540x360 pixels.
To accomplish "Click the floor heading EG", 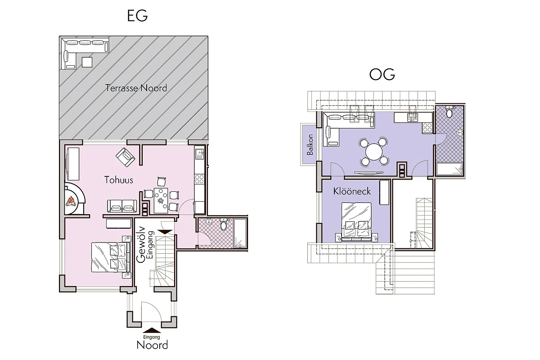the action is (x=137, y=16).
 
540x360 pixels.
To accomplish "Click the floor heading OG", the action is (x=382, y=74).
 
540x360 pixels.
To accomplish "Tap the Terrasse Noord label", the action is (x=136, y=88).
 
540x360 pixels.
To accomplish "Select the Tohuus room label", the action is (x=119, y=180).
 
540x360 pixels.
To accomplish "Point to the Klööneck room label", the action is (x=352, y=191).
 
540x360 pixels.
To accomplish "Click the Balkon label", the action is (x=310, y=144).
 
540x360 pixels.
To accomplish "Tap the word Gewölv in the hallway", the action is (x=141, y=244).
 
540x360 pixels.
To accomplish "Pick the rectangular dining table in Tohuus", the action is (x=161, y=200).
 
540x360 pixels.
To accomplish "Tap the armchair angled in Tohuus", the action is (x=126, y=157).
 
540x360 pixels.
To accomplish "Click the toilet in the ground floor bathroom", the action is (x=224, y=225).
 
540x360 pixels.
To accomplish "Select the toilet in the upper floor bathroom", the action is (x=449, y=112).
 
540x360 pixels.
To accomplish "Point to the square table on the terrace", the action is (x=87, y=62).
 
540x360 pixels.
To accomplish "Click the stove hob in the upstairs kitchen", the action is (x=427, y=127).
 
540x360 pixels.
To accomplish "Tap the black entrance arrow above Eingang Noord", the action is (x=152, y=330).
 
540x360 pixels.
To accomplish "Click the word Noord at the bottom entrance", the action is (x=152, y=345).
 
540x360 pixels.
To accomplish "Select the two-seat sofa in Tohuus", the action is (x=122, y=206).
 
